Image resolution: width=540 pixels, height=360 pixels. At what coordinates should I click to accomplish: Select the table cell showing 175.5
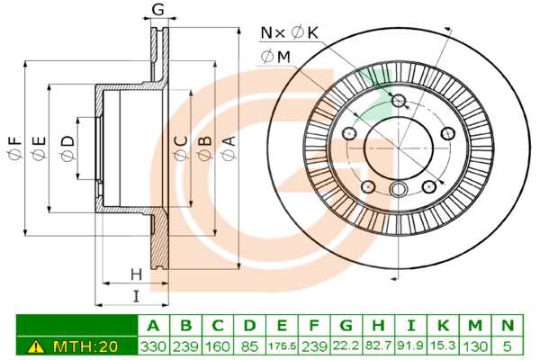pos(282,346)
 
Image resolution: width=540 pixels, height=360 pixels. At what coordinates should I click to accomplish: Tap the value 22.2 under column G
pos(346,346)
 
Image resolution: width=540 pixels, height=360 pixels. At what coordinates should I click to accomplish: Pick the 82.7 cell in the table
pos(379,346)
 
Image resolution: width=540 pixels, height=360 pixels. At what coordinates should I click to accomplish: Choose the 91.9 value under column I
pos(411,346)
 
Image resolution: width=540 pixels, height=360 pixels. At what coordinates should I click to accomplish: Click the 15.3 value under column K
pos(444,346)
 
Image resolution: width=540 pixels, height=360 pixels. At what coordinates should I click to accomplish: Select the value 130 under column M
pos(475,346)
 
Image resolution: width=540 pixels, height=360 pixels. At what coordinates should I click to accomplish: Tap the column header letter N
pos(507,325)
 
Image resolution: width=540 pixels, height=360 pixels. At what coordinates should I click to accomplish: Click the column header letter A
pos(152,325)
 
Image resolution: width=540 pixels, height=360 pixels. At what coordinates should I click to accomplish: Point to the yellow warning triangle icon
pos(36,346)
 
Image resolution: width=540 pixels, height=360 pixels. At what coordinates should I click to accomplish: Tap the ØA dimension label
pos(229,148)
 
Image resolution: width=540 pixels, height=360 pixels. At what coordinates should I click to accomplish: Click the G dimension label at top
pos(157,10)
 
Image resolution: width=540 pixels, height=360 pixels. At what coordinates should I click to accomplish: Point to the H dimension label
pos(136,273)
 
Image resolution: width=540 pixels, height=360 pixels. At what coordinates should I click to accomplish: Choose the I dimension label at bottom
pos(136,296)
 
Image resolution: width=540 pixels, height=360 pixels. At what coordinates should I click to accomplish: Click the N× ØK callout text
pos(290,33)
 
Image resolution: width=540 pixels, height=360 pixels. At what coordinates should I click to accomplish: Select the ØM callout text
pos(276,57)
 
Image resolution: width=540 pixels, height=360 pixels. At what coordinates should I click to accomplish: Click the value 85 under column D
pos(249,346)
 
